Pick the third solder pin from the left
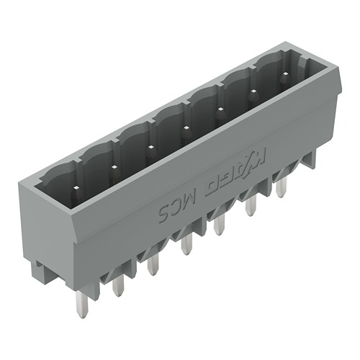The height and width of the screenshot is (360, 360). pyautogui.click(x=153, y=266)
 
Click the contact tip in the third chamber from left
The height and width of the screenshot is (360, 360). pyautogui.click(x=150, y=147)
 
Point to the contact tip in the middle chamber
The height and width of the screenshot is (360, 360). pyautogui.click(x=186, y=128)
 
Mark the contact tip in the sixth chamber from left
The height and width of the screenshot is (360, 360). pyautogui.click(x=253, y=91)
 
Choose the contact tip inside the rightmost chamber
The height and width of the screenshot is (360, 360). pyautogui.click(x=286, y=74)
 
